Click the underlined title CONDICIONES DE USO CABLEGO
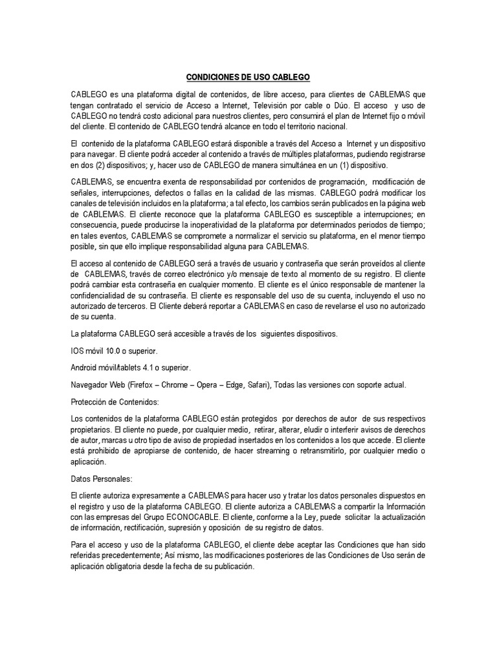pyautogui.click(x=248, y=78)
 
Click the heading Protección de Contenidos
pyautogui.click(x=109, y=401)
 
